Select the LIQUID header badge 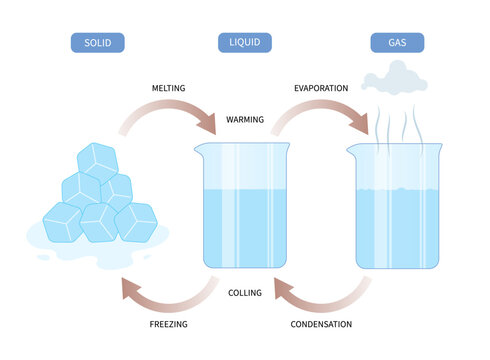[245, 43]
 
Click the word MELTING [170, 89]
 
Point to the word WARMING [245, 119]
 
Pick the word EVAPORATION [321, 89]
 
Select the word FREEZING [170, 325]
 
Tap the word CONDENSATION [321, 325]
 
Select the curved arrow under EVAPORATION [320, 112]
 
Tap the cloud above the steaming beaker [389, 76]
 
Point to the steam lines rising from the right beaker [395, 125]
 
